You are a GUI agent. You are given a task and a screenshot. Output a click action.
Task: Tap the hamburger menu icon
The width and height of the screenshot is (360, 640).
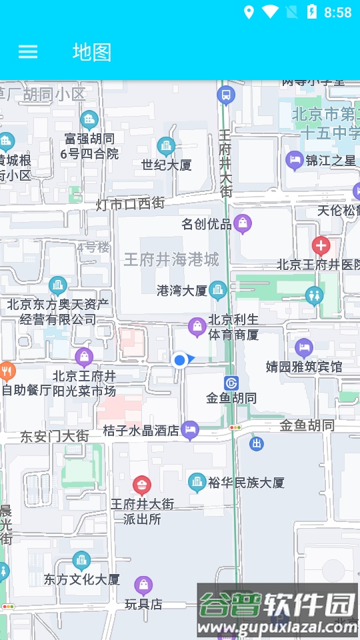pyautogui.click(x=28, y=52)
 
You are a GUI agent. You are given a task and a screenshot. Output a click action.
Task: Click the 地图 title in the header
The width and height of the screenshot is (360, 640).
pyautogui.click(x=92, y=52)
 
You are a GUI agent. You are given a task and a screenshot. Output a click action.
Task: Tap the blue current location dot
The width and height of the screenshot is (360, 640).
pyautogui.click(x=179, y=361)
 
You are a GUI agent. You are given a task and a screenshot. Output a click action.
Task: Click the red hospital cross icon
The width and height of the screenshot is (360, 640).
pyautogui.click(x=321, y=246)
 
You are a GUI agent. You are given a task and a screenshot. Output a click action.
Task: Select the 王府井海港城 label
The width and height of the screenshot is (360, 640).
pyautogui.click(x=171, y=259)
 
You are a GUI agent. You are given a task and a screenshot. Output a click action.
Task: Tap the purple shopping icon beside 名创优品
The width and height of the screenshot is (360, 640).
pyautogui.click(x=243, y=223)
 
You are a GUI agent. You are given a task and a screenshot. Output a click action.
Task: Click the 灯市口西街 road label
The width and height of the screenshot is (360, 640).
pyautogui.click(x=130, y=203)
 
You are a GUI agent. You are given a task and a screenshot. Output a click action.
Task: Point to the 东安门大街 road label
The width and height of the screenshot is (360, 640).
pyautogui.click(x=54, y=436)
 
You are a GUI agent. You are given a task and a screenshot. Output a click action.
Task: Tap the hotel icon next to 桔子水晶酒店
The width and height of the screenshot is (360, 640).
pyautogui.click(x=191, y=430)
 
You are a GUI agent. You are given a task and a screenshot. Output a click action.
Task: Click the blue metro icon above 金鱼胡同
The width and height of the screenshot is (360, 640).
pyautogui.click(x=231, y=383)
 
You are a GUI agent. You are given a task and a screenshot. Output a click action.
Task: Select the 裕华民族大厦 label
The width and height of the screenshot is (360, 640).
pyautogui.click(x=246, y=482)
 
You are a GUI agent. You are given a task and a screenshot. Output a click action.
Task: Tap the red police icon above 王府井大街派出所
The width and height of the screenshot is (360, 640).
pyautogui.click(x=141, y=485)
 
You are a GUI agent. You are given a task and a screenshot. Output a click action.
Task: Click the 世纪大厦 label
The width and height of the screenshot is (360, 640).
pyautogui.click(x=167, y=165)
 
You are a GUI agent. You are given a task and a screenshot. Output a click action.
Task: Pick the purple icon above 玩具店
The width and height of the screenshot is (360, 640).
pyautogui.click(x=143, y=586)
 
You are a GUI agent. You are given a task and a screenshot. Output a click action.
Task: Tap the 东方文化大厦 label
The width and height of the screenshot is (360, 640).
pyautogui.click(x=82, y=579)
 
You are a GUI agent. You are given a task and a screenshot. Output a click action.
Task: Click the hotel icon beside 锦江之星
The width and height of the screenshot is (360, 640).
pyautogui.click(x=294, y=160)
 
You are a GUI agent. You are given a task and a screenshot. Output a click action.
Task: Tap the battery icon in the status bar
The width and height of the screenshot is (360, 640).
pyautogui.click(x=311, y=12)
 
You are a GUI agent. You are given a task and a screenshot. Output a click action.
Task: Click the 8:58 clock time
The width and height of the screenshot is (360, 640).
pyautogui.click(x=337, y=12)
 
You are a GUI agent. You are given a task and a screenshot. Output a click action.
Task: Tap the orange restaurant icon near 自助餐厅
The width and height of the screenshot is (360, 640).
pyautogui.click(x=7, y=371)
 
